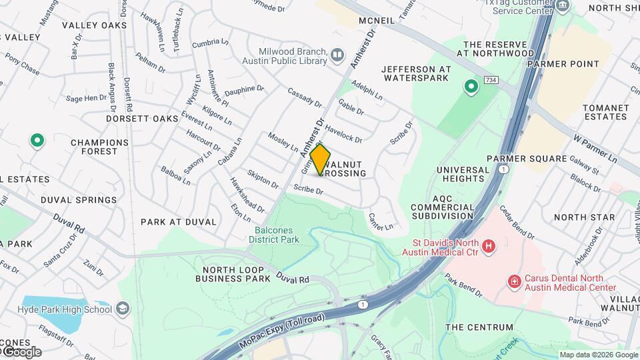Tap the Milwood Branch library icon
click(x=337, y=54)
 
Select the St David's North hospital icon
click(x=489, y=247)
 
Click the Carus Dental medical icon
click(x=514, y=283)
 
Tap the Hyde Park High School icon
click(x=122, y=309)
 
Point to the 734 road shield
click(x=491, y=80)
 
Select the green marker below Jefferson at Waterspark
click(x=471, y=86)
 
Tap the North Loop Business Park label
click(x=233, y=274)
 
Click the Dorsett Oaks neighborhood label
click(x=142, y=118)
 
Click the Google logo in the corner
click(x=21, y=351)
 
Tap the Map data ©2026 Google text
click(x=598, y=355)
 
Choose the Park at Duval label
click(x=179, y=221)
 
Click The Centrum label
click(x=479, y=327)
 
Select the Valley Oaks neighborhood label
click(x=94, y=25)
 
